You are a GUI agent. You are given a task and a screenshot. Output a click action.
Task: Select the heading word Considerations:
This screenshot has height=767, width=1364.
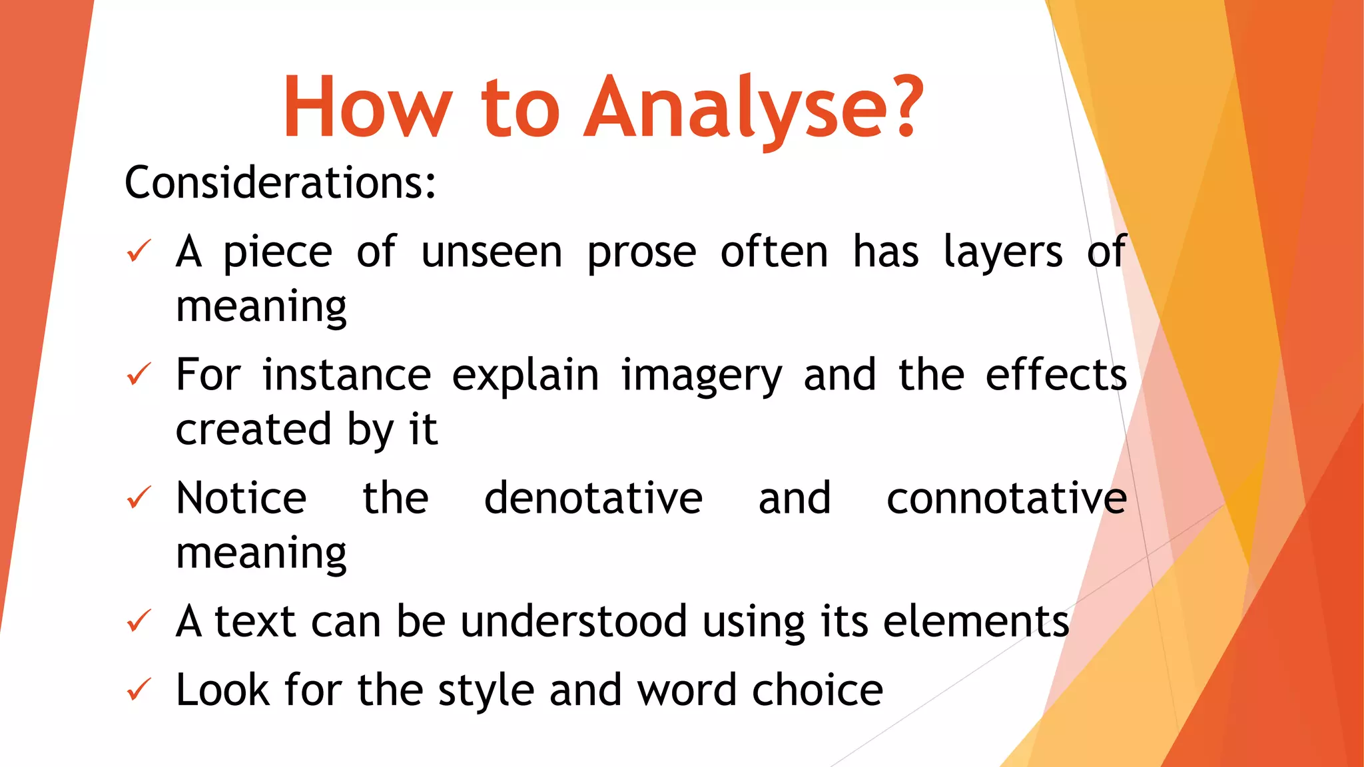pos(280,182)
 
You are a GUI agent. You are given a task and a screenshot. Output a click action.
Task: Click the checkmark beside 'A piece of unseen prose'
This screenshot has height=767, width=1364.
pos(139,252)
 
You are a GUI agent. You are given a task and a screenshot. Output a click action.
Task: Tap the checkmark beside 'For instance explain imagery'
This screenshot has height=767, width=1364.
pos(139,375)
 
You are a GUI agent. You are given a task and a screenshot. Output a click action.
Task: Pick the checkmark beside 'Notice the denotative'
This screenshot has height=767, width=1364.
pos(139,498)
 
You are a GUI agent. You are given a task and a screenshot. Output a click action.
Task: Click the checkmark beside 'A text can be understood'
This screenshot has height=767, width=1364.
pos(139,621)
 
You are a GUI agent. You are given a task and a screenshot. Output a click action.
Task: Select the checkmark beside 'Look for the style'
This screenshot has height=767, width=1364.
pos(139,690)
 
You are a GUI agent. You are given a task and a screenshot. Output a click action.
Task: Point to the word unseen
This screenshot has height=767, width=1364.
pos(492,253)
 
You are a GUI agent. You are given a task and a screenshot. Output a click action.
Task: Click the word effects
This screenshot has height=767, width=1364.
pos(1056,375)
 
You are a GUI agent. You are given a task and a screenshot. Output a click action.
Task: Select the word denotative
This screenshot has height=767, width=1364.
pos(593,498)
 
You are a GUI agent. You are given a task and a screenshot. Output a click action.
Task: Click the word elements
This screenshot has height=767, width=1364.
pos(976,621)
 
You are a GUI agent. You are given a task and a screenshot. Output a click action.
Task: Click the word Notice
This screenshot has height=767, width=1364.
pos(241,498)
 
